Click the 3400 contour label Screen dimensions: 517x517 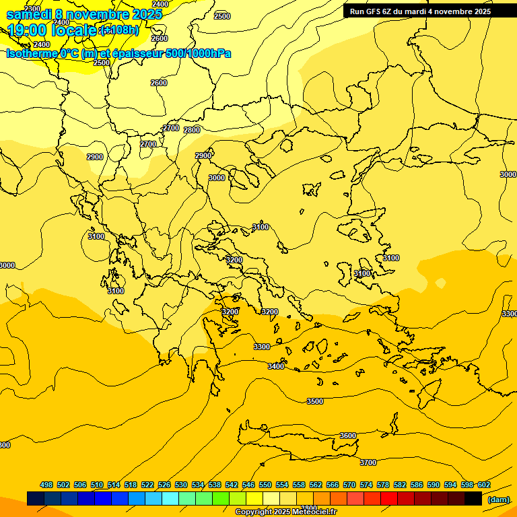click(x=275, y=366)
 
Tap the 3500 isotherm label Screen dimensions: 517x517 click(x=314, y=401)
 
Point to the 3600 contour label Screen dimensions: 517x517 click(x=347, y=436)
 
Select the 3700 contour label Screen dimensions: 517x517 click(x=368, y=462)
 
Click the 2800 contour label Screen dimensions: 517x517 click(x=192, y=130)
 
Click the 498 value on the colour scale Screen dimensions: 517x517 click(x=46, y=485)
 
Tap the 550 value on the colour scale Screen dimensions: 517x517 click(x=265, y=485)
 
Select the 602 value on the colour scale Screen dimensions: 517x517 click(x=484, y=485)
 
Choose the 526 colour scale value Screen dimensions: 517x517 click(x=164, y=485)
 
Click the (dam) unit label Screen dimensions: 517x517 click(x=498, y=499)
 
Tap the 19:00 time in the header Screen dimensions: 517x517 click(x=28, y=30)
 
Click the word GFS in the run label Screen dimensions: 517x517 click(x=375, y=11)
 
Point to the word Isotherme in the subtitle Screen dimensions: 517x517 click(x=31, y=53)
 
